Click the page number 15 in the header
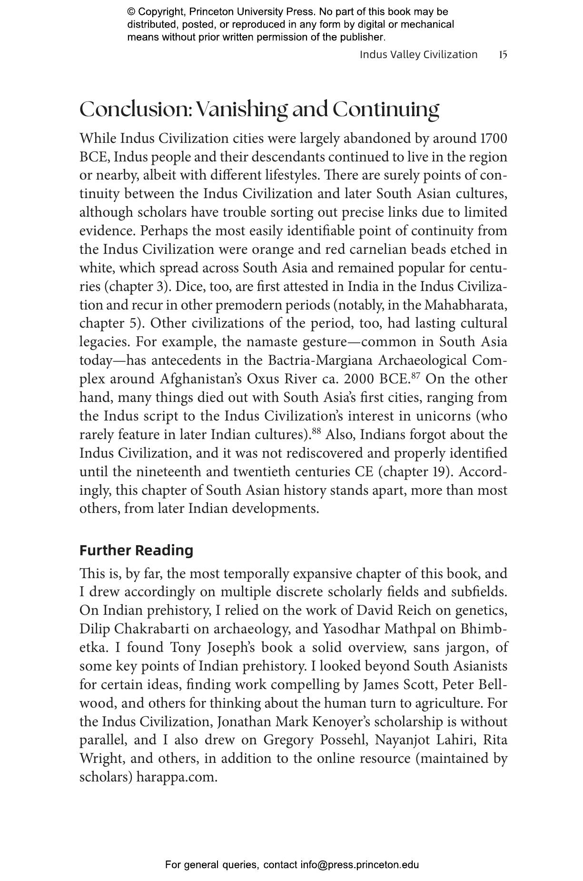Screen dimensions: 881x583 503,55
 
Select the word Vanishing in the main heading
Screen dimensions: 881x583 242,109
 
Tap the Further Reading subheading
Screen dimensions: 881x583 136,550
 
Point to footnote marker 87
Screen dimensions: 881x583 415,376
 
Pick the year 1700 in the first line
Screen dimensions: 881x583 494,138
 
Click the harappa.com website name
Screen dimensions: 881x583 177,777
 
